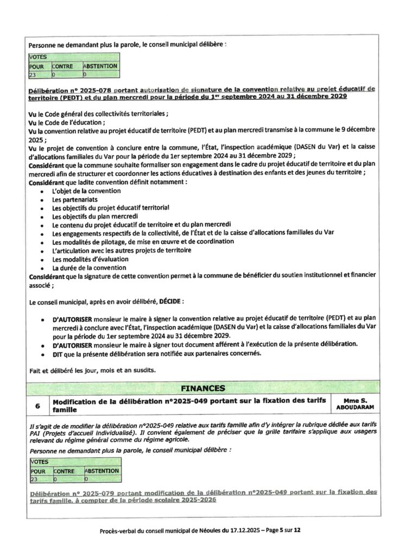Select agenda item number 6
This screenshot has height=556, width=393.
click(37, 405)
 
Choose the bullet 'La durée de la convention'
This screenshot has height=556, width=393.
click(90, 268)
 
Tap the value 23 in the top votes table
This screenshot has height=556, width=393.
click(34, 74)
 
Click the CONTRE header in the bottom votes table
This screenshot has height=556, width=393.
click(64, 471)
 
